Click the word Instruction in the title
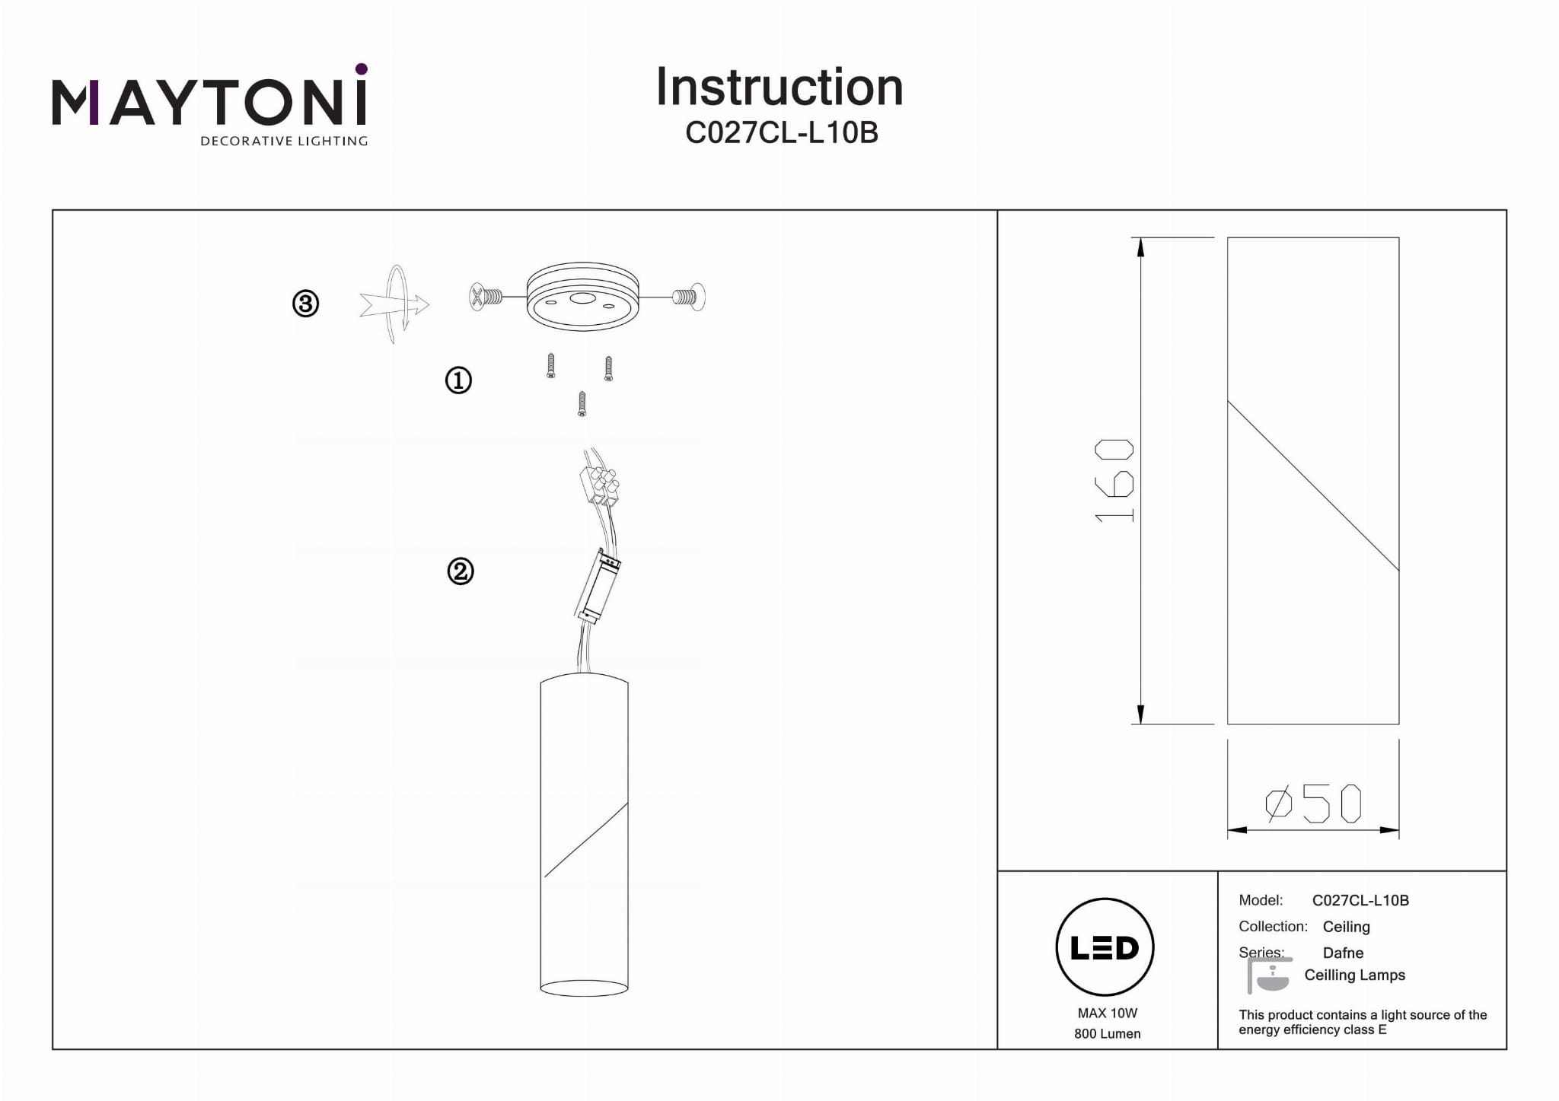(779, 87)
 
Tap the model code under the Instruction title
(782, 132)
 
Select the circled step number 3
(305, 304)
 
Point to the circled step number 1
(458, 380)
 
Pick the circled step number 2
(460, 571)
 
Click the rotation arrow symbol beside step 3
(394, 304)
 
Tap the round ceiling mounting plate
(582, 297)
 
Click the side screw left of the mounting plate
(486, 296)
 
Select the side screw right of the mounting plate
(688, 297)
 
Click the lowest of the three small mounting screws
(582, 403)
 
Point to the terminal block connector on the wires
(598, 485)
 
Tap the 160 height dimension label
(1114, 480)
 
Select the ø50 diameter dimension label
(1313, 803)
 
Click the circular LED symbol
(1105, 947)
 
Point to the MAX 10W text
(1108, 1013)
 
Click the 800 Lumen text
(1108, 1033)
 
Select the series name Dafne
(1343, 953)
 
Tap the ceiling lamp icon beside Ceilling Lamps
(1270, 975)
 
